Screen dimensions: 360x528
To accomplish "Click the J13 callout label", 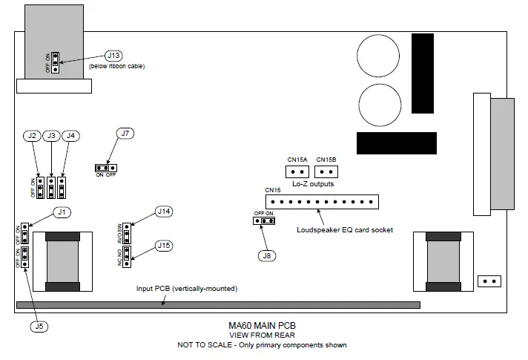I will [x=114, y=56].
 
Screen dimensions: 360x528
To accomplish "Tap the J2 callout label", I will [x=32, y=136].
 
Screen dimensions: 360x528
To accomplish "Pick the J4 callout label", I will [x=70, y=136].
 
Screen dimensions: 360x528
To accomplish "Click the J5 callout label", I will [x=37, y=325].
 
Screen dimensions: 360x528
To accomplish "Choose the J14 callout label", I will [x=164, y=212].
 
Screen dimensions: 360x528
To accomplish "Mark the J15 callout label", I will [x=164, y=245].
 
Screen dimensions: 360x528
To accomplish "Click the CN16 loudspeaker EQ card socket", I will [x=322, y=201].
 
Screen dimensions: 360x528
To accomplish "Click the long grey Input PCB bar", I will [x=217, y=305].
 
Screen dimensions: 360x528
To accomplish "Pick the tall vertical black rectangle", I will [x=422, y=73].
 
